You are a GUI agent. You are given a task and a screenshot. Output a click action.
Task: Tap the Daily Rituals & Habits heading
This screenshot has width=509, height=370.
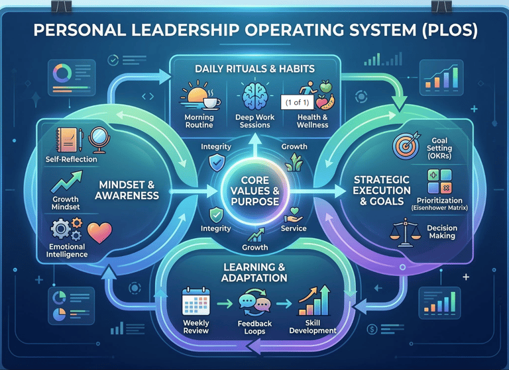[254, 69]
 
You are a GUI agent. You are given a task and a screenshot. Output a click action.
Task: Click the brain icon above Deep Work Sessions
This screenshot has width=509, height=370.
[254, 97]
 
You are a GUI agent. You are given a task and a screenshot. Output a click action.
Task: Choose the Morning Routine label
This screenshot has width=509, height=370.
[199, 121]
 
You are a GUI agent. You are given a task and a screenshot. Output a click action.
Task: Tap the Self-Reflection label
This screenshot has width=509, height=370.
[71, 160]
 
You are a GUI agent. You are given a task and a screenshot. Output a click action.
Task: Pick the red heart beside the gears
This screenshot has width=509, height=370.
[99, 232]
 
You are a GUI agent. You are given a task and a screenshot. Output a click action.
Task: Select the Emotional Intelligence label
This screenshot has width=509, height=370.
[67, 250]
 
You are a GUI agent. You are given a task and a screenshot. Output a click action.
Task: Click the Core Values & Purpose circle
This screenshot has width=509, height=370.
[254, 191]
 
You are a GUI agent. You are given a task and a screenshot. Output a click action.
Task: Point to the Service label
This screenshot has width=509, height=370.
[293, 228]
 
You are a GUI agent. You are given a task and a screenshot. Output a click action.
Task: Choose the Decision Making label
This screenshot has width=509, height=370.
[442, 232]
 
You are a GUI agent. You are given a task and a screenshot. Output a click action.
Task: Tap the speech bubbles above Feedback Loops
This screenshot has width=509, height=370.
[254, 304]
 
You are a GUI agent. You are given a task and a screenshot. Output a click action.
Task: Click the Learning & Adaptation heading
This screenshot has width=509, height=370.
[254, 271]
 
